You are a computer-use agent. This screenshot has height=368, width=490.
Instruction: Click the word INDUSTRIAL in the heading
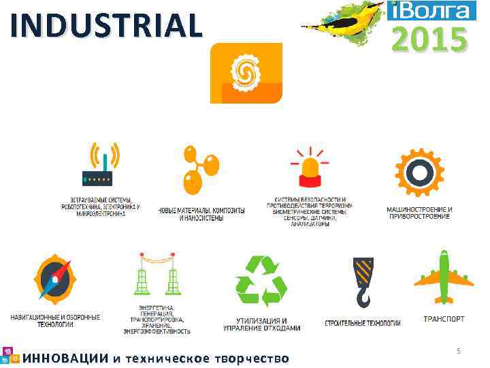(x=107, y=26)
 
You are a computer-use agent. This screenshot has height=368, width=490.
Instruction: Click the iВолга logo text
(x=430, y=10)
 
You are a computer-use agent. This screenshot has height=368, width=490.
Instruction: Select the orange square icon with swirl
(x=246, y=72)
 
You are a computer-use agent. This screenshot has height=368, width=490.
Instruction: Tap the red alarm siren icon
(x=309, y=169)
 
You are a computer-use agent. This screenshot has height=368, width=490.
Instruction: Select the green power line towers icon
(x=157, y=279)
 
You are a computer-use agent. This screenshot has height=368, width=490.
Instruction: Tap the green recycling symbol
(x=261, y=281)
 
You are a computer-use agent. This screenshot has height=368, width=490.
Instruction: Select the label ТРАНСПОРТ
(x=444, y=318)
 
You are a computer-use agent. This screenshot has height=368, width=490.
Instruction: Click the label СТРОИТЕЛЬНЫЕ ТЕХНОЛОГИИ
(x=362, y=322)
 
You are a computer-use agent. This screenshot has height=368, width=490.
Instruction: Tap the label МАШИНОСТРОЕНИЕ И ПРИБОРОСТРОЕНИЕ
(x=419, y=213)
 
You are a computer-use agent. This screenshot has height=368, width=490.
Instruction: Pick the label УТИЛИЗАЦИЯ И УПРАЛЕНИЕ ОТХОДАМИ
(x=261, y=324)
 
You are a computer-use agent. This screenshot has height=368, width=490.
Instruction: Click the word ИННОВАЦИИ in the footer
(x=65, y=358)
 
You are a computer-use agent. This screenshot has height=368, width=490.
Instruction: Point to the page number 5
(x=459, y=351)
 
